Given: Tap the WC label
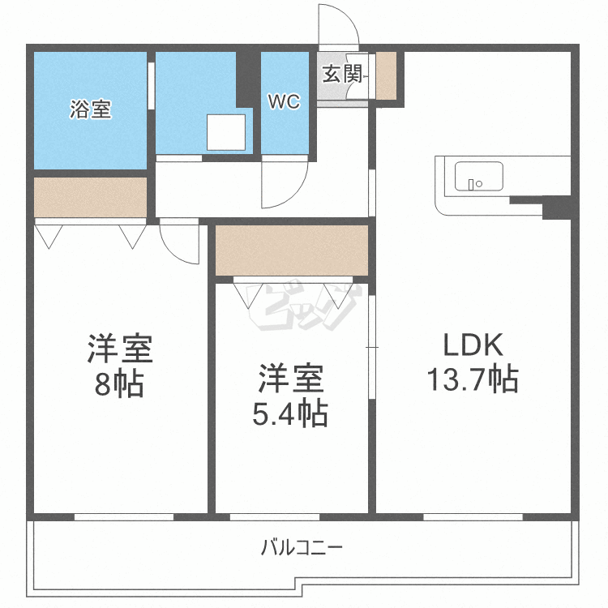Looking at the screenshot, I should tap(285, 102).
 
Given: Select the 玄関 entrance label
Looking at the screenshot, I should tap(342, 75).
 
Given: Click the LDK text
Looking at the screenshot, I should tap(473, 346).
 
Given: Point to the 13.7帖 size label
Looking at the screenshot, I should tap(473, 379).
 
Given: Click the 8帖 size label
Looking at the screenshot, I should tap(119, 384).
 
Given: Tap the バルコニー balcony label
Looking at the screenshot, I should tap(302, 547).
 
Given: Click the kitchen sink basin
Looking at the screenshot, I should tap(478, 176).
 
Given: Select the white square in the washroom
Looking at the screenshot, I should tap(225, 132).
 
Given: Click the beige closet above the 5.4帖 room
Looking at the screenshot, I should tap(292, 250).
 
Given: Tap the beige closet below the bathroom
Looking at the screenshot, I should tap(90, 197).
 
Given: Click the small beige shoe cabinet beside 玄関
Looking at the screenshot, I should tap(386, 75).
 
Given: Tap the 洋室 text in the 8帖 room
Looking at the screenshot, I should tap(119, 349).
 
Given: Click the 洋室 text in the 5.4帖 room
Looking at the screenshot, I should tap(291, 379).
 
